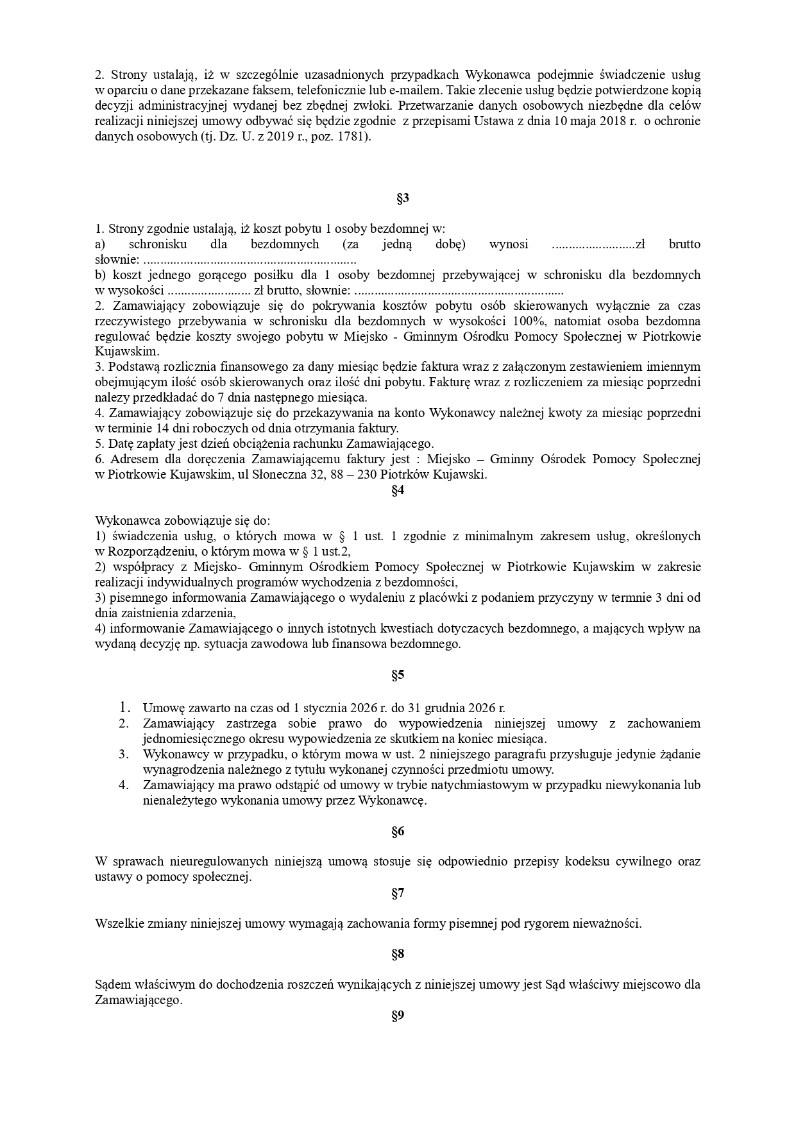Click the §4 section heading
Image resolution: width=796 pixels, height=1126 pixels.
coord(398,490)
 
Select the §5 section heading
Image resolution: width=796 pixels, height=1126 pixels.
coord(398,675)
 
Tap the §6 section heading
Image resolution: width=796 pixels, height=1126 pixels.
coord(398,832)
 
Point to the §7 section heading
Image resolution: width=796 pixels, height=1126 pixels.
coord(398,893)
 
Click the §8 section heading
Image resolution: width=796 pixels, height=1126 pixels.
coord(398,954)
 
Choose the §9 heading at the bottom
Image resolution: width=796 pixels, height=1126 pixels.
coord(398,1016)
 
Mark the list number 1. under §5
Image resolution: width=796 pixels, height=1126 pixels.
coord(124,708)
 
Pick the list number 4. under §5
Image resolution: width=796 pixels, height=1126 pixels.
coord(124,785)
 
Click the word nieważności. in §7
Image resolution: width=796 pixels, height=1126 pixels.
coord(610,924)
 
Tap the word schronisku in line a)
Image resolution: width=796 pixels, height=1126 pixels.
coord(158,244)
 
